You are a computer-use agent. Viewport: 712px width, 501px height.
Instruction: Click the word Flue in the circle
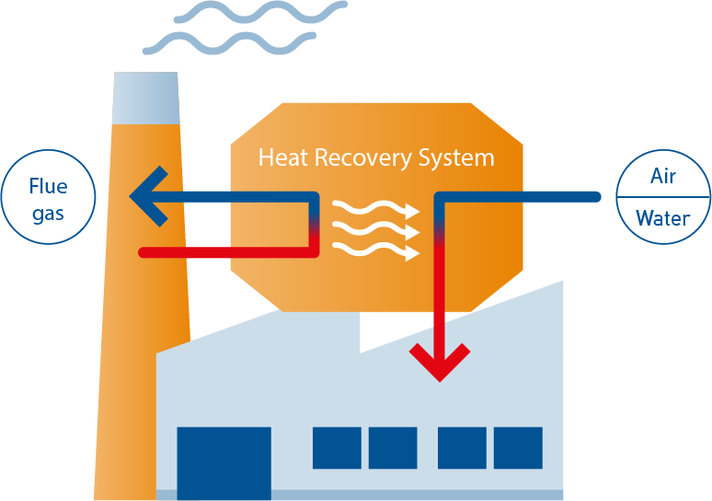[48, 187]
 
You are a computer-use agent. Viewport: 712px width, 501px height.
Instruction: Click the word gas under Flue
[48, 215]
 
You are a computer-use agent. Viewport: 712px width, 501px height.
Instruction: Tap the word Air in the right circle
[662, 177]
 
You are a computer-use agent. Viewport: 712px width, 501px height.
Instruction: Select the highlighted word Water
[662, 219]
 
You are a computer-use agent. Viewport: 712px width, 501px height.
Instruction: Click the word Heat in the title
[282, 157]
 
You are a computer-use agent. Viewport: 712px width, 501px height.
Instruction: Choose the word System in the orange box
[456, 157]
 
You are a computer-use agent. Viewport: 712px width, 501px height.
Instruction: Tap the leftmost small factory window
[337, 448]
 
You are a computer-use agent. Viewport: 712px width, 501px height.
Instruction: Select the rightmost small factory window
[518, 448]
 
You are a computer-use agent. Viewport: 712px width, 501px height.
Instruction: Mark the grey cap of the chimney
[145, 96]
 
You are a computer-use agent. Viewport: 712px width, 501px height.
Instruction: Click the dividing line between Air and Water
[662, 197]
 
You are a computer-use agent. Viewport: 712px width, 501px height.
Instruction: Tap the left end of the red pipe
[144, 251]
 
